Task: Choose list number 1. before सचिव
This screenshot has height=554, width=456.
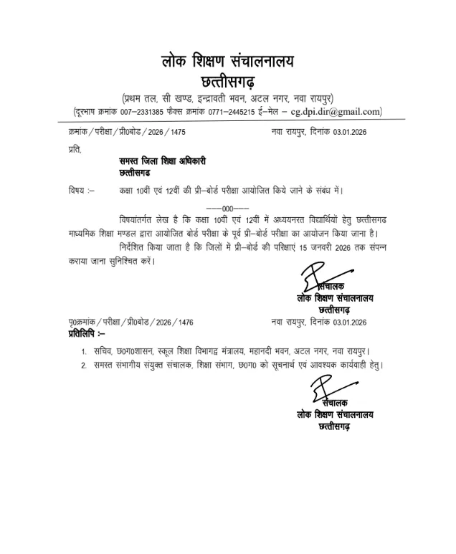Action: click(83, 351)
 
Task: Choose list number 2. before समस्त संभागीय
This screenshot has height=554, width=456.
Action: click(83, 366)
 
